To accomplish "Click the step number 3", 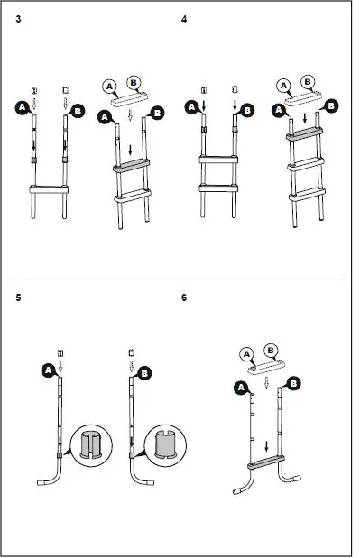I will point(19,20).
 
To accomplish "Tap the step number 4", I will point(184,20).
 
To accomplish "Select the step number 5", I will point(19,297).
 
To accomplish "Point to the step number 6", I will point(184,297).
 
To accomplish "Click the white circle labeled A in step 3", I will point(110,86).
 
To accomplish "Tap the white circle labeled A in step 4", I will point(282,86).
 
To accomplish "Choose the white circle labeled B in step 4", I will point(308,80).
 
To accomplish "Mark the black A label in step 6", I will point(240,388).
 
